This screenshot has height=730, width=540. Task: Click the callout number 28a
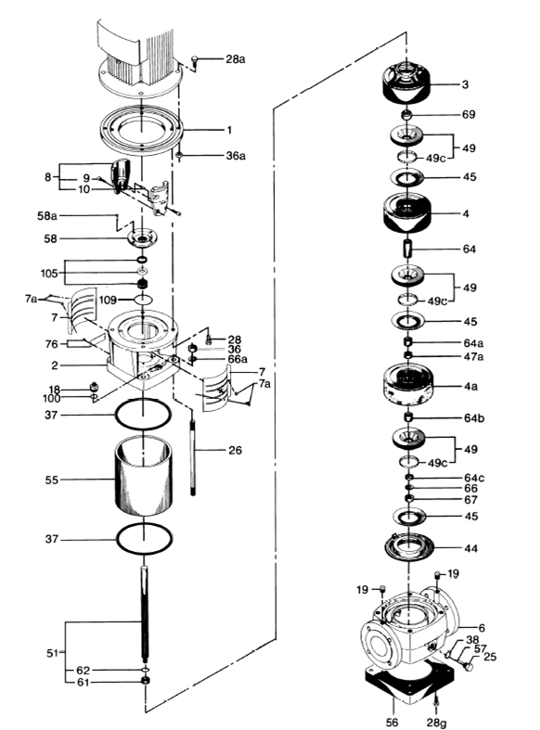tap(236, 59)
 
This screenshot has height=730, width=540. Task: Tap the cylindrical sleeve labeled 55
tap(144, 476)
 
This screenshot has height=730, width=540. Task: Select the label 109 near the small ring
tap(108, 300)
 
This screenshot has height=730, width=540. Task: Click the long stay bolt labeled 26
tap(193, 457)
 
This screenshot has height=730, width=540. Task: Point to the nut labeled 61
tap(146, 681)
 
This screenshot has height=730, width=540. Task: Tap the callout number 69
tap(469, 114)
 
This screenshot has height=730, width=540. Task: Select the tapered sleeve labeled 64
tap(408, 249)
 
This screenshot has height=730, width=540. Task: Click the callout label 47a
tap(473, 356)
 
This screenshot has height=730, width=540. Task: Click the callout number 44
tap(471, 548)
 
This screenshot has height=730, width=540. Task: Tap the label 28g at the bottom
tap(436, 723)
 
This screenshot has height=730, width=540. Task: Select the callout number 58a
tap(47, 215)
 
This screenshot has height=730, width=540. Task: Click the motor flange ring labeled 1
tap(141, 129)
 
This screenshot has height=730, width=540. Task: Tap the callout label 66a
tap(238, 359)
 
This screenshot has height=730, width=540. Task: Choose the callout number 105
tap(49, 273)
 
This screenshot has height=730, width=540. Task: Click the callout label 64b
tap(474, 418)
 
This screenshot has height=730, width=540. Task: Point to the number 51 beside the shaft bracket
tap(53, 653)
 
